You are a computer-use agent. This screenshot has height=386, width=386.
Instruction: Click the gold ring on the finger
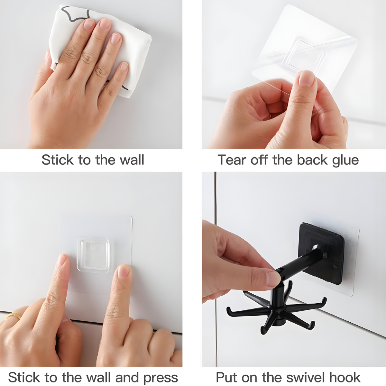click(x=14, y=316)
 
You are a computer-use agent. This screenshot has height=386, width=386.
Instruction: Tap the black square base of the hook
click(x=321, y=253)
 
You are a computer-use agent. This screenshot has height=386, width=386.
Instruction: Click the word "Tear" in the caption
click(x=232, y=160)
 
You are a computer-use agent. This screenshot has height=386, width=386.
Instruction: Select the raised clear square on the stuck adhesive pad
click(x=93, y=255)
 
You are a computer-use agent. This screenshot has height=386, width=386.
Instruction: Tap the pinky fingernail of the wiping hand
click(x=124, y=66)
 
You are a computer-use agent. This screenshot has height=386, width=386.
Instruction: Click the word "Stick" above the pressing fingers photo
click(x=57, y=160)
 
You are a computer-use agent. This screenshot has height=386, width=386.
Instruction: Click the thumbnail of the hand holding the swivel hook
click(x=274, y=279)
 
